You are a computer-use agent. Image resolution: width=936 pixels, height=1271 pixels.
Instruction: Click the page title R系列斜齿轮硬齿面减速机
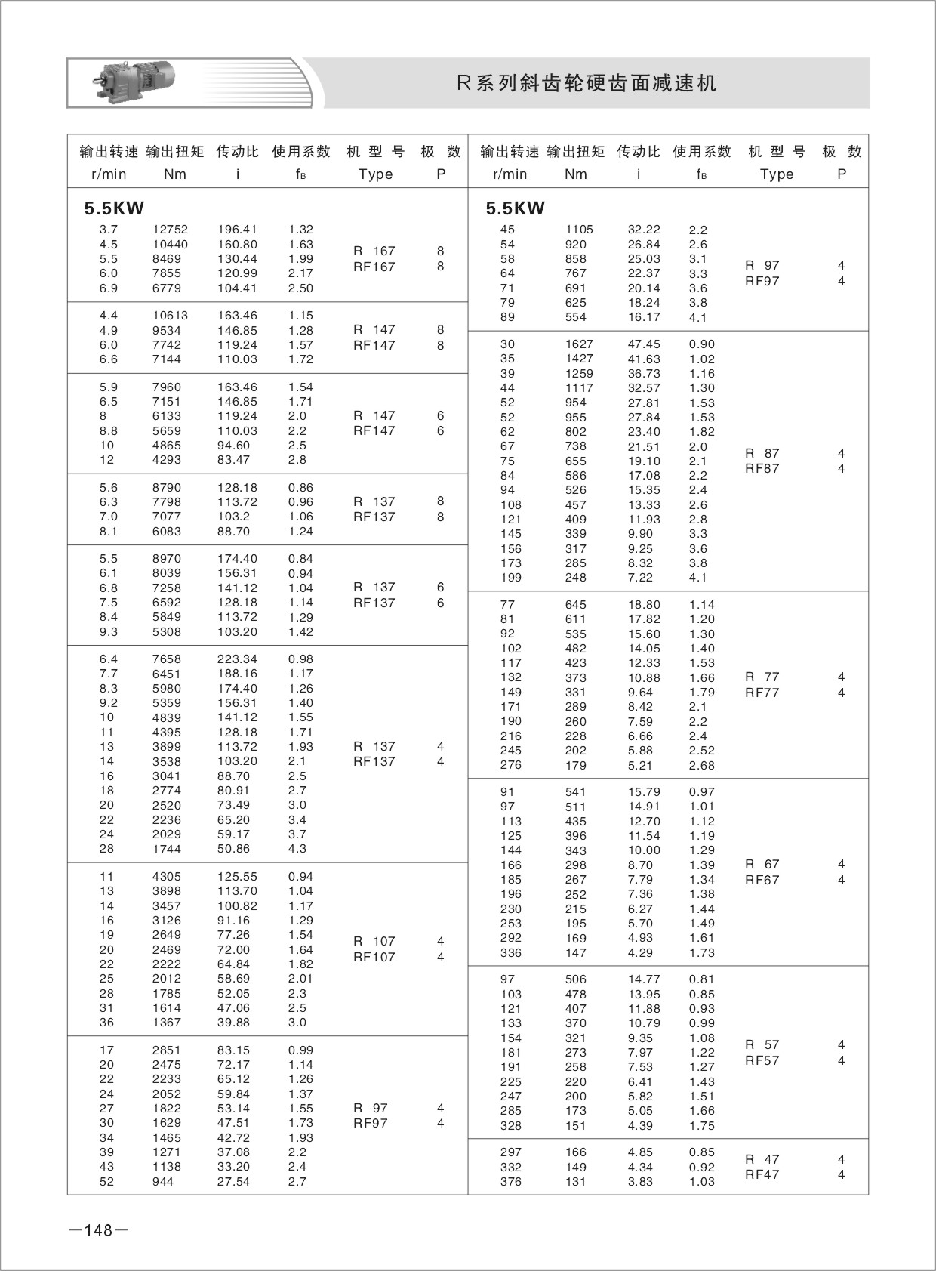(x=587, y=83)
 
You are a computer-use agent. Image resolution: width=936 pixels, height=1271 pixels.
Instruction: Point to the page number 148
(x=98, y=1230)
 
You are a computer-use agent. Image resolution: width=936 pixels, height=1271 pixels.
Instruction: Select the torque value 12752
(x=170, y=230)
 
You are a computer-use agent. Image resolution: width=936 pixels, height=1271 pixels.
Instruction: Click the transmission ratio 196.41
(x=237, y=230)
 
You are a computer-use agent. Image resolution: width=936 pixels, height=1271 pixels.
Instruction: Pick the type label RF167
(x=374, y=267)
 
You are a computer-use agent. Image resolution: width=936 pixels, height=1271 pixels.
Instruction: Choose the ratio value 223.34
(x=237, y=659)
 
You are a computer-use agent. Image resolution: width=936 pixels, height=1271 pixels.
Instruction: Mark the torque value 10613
(x=170, y=316)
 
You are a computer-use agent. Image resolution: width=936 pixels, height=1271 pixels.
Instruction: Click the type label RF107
(x=374, y=957)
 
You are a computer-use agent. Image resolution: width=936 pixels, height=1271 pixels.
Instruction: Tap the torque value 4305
(x=167, y=877)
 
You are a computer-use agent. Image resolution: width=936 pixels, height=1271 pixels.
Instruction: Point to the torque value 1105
(x=579, y=230)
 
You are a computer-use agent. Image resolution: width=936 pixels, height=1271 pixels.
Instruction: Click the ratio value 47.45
(x=644, y=344)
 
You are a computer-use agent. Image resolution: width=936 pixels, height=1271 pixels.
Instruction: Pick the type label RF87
(x=762, y=468)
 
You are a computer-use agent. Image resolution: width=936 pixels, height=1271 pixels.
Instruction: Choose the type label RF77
(x=762, y=693)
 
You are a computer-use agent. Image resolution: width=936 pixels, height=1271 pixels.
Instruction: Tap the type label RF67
(x=762, y=880)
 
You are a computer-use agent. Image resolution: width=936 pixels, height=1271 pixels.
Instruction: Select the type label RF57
(x=762, y=1060)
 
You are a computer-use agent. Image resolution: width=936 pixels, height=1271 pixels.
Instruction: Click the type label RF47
(x=762, y=1174)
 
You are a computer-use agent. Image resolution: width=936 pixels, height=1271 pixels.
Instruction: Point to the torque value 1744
(x=167, y=849)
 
